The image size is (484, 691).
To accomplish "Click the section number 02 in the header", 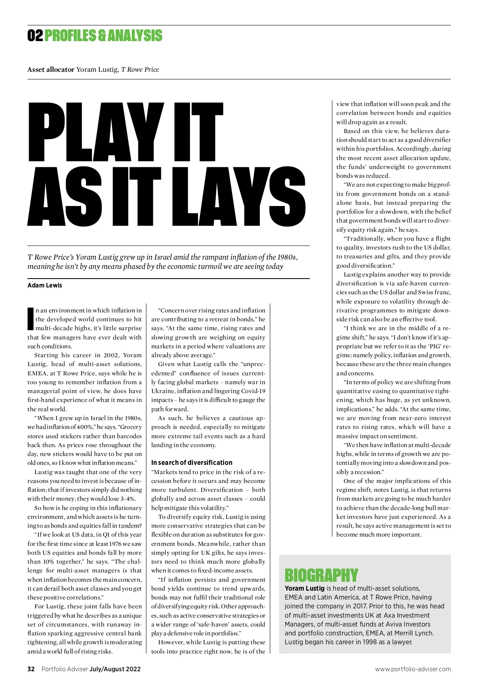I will (35, 36).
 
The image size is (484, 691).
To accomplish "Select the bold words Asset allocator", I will (51, 69).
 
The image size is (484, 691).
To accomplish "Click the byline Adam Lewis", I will (45, 285).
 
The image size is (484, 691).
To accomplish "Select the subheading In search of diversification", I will (192, 462).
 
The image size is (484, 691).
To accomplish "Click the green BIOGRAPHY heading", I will (321, 575).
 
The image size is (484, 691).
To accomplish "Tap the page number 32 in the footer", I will (31, 669).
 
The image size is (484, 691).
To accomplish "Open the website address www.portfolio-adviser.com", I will (413, 669).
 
